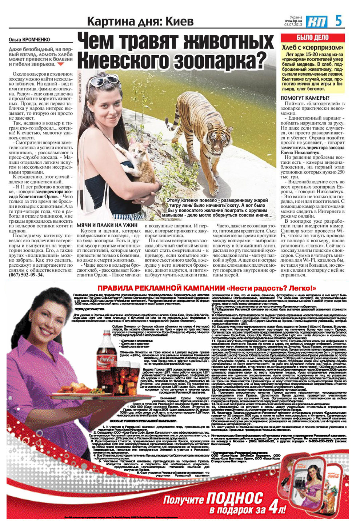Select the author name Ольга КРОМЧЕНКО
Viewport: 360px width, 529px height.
(x=29, y=40)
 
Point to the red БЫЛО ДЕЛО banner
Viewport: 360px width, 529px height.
(x=313, y=38)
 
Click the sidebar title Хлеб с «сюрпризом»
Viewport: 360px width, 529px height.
(x=313, y=48)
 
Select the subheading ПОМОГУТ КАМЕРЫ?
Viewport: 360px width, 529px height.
(x=305, y=98)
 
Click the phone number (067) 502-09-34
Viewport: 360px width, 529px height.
(x=26, y=275)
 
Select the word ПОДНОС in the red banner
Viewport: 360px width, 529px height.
(x=235, y=498)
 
